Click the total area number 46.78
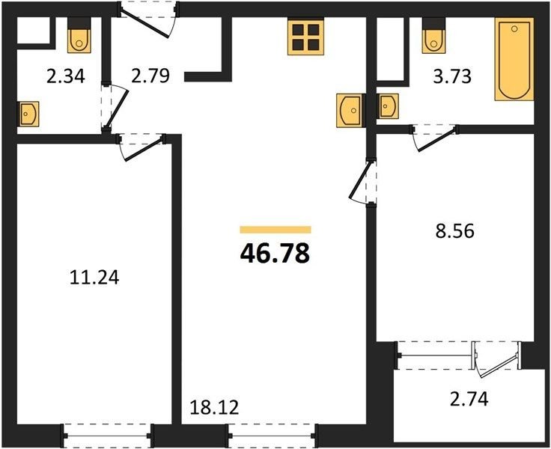click(275, 253)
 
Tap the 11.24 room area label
click(94, 277)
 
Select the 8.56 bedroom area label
click(454, 231)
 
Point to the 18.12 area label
click(214, 408)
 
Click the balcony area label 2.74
click(469, 399)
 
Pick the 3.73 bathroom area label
click(452, 76)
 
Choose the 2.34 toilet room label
click(66, 76)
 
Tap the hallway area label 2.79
click(150, 76)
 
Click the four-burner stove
click(305, 37)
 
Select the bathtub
click(514, 59)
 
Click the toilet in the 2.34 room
click(79, 35)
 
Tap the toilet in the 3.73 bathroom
click(434, 35)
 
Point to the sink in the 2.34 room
click(28, 114)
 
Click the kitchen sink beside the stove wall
click(350, 110)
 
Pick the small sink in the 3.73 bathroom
click(388, 106)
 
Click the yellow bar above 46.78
click(275, 230)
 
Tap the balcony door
click(496, 360)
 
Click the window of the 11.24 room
click(108, 436)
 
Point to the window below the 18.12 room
click(273, 436)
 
